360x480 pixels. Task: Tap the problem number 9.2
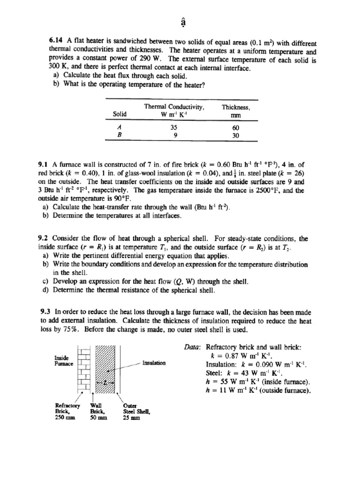pos(44,238)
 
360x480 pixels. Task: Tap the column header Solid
pos(120,114)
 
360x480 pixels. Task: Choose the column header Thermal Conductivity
pos(174,107)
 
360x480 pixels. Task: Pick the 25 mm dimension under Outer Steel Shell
pos(132,419)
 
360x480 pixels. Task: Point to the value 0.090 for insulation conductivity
pos(257,364)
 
